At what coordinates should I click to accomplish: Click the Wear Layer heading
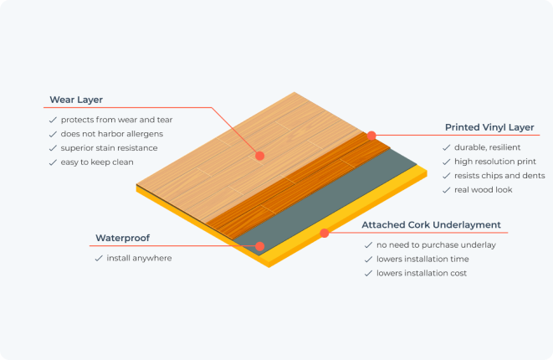click(76, 100)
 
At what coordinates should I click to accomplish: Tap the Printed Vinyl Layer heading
click(489, 127)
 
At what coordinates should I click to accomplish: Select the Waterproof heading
click(123, 239)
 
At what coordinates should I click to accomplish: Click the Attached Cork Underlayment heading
click(432, 225)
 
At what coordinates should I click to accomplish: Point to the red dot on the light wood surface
click(260, 156)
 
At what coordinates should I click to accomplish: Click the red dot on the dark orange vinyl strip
click(371, 136)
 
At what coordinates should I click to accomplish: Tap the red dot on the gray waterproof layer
click(260, 246)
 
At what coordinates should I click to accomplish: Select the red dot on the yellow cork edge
click(325, 233)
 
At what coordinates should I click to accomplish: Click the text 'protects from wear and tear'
click(117, 120)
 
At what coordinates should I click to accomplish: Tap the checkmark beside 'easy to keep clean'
click(53, 162)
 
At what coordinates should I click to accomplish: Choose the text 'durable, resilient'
click(488, 147)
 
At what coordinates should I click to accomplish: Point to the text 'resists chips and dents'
click(499, 176)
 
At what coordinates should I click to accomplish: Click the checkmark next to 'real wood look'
click(447, 190)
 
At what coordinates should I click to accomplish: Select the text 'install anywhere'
click(140, 259)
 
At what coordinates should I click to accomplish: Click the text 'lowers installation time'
click(422, 259)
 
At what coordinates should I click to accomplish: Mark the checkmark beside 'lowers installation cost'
click(369, 274)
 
